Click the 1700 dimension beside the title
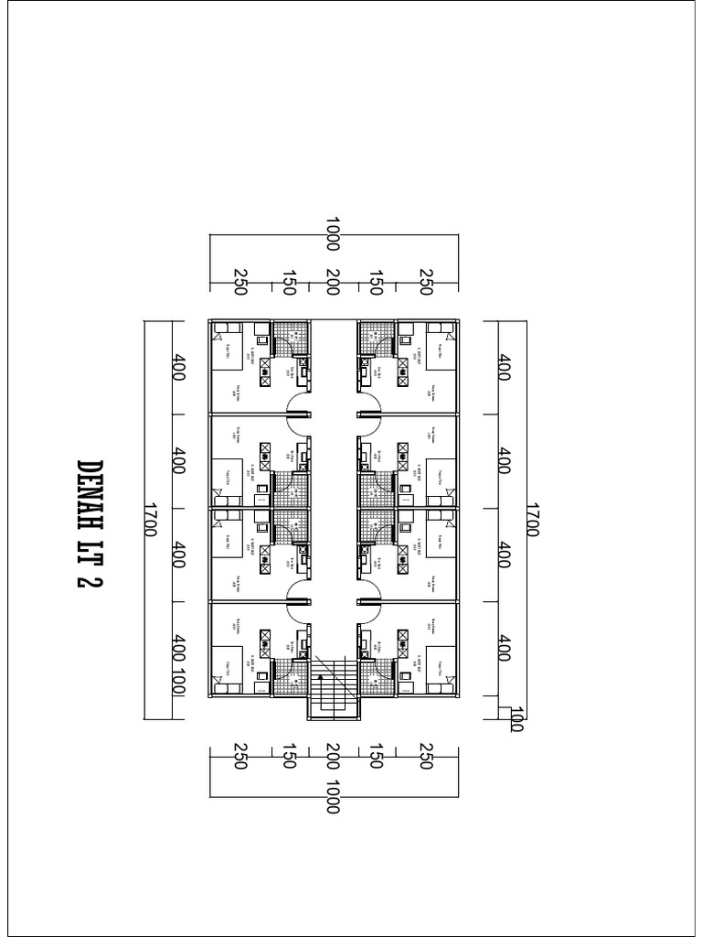coord(151,518)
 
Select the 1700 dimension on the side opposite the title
coord(533,518)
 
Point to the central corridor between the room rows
coord(333,503)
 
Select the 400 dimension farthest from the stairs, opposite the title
coord(504,369)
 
